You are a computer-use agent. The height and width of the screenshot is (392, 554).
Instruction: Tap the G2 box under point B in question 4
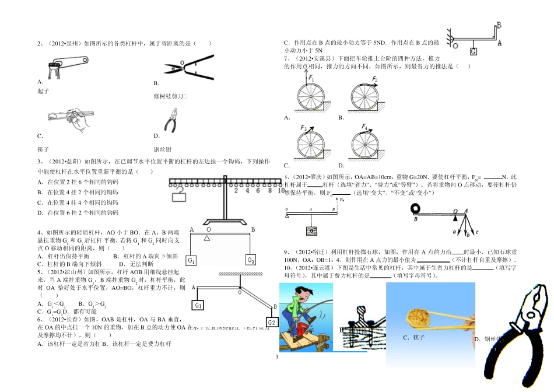coord(250,260)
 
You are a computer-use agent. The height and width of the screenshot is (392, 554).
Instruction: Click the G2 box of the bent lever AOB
coord(271,323)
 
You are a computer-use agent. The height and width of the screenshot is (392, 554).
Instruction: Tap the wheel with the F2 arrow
coord(365,97)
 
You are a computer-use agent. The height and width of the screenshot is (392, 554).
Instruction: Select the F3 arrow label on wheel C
coord(304,128)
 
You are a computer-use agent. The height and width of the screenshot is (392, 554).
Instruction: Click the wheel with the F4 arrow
coord(365,143)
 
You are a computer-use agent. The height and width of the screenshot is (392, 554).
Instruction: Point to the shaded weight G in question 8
coord(313,232)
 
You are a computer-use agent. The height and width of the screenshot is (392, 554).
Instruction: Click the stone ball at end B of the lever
coord(417,208)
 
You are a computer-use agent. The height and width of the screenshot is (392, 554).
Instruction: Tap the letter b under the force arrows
coord(467,235)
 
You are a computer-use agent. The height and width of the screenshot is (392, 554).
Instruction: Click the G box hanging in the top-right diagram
coord(473,51)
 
